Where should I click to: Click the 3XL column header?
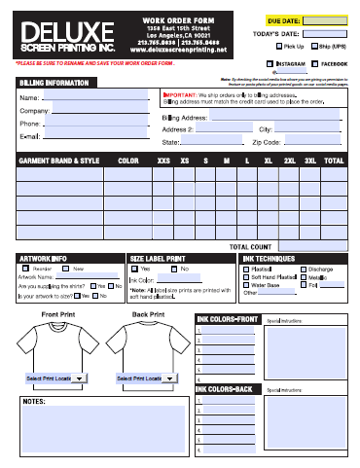pos(310,160)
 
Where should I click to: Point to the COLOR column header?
pos(127,160)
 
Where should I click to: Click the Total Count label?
pos(250,247)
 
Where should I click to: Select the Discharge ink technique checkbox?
pos(301,268)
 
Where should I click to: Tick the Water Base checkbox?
pos(246,284)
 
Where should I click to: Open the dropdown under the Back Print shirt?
pos(141,378)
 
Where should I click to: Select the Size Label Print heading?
pos(157,258)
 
